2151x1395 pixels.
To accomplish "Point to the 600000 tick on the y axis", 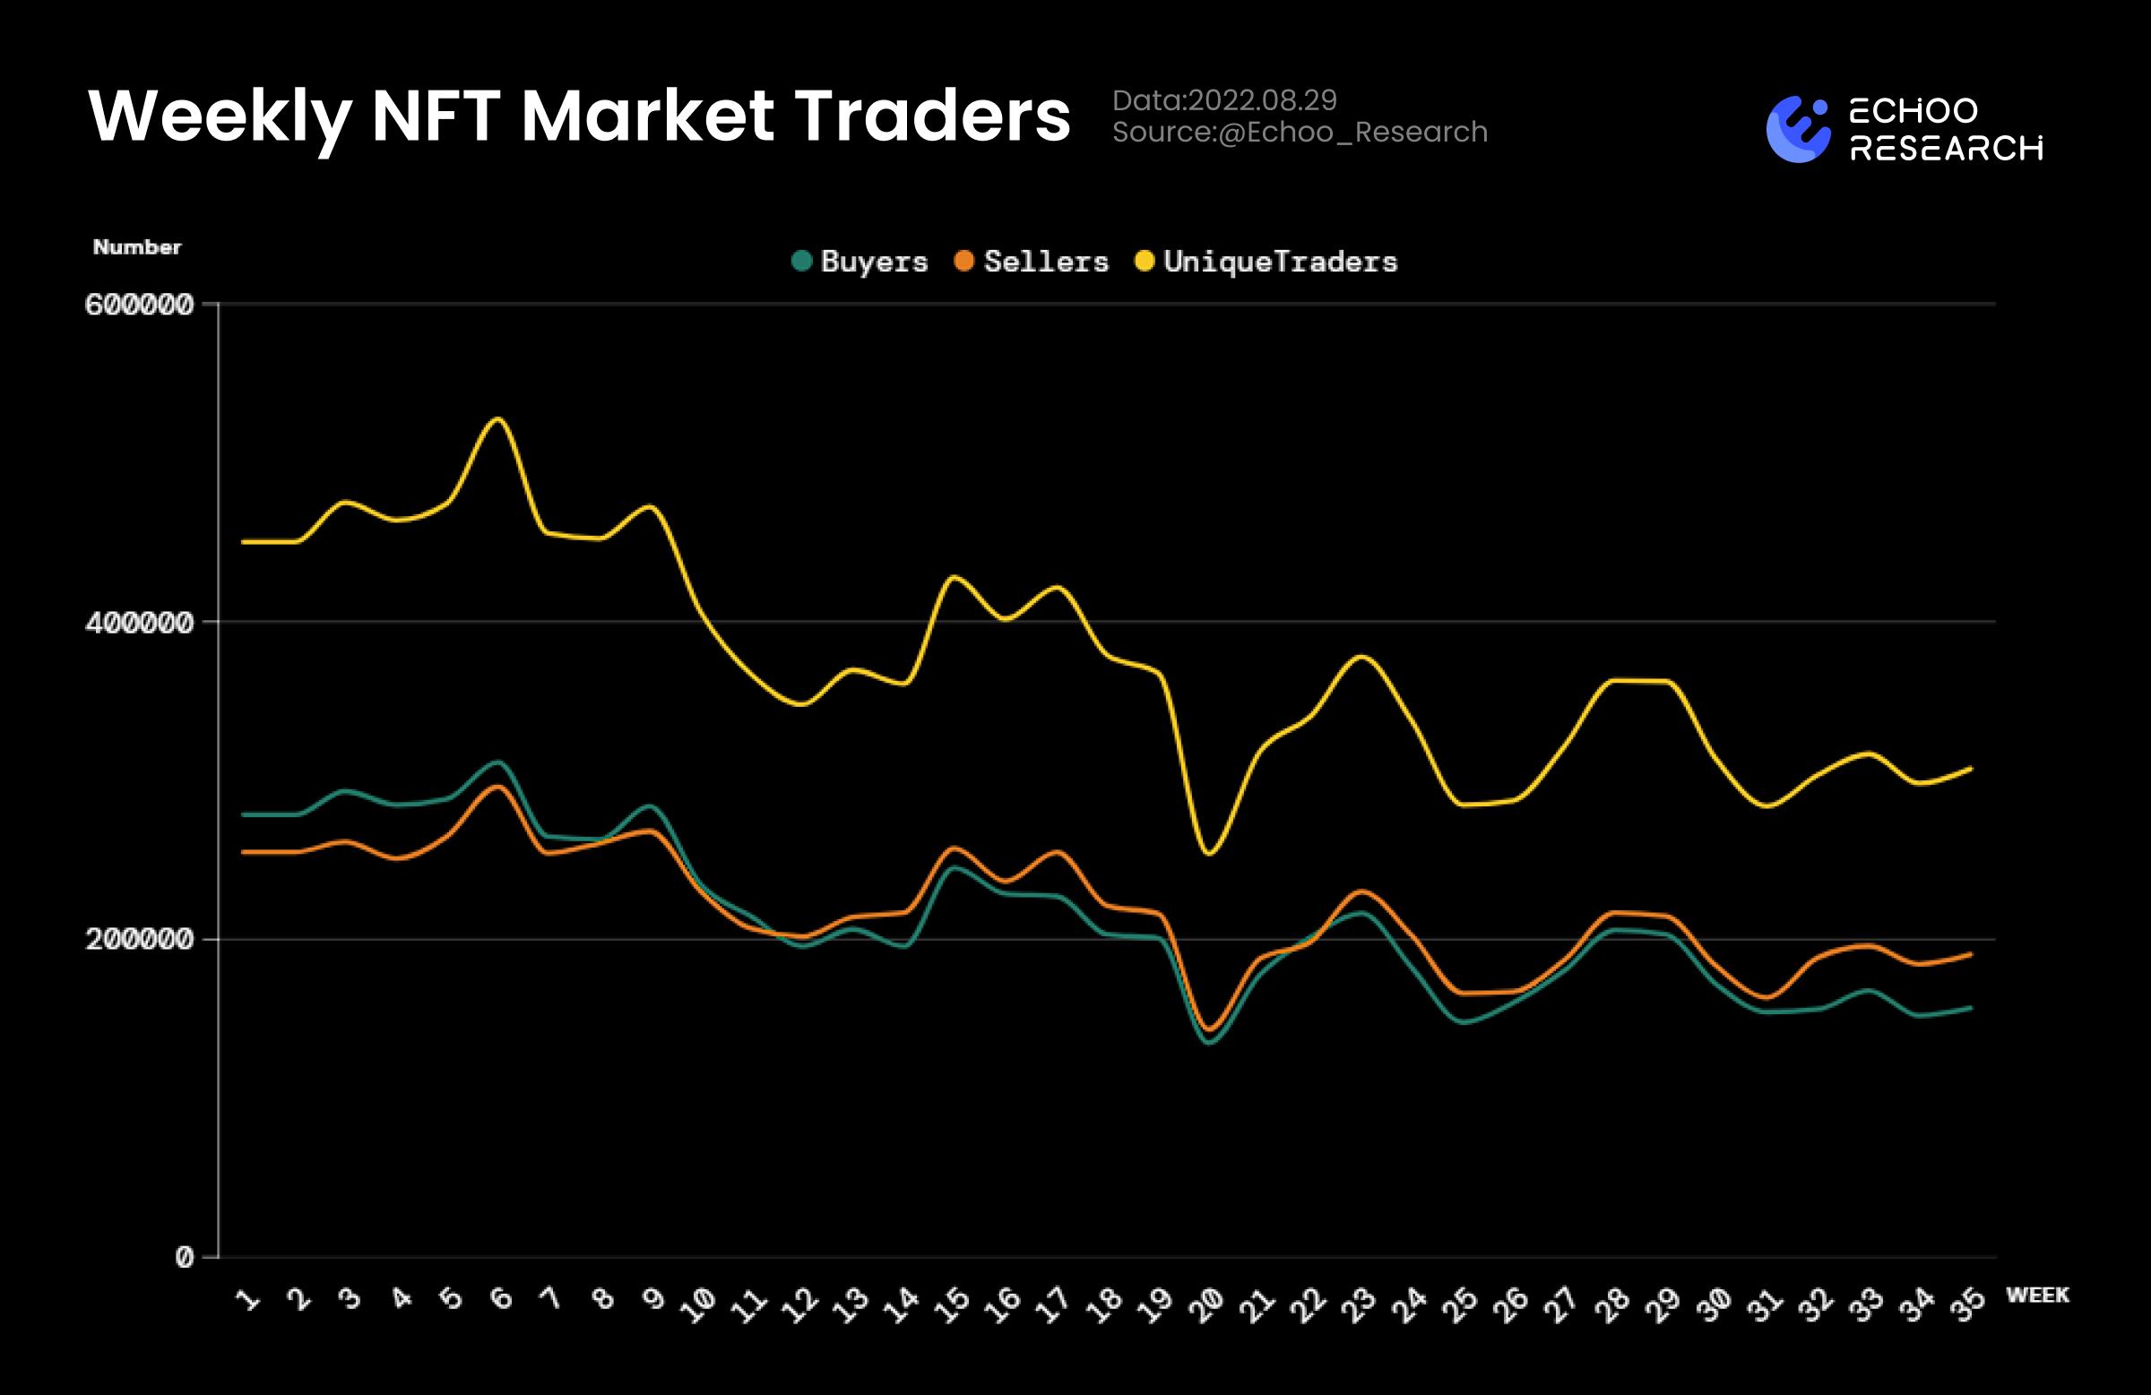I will point(139,305).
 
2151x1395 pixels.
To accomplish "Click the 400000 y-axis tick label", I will point(139,623).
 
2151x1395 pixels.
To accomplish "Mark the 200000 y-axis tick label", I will point(139,940).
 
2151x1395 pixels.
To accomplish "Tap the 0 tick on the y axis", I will point(185,1257).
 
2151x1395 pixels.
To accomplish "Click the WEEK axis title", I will point(2037,1295).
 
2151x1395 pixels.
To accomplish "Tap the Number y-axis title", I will point(136,247).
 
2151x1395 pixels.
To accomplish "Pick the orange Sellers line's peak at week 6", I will point(497,786).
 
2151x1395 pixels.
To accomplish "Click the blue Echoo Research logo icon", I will point(1798,129).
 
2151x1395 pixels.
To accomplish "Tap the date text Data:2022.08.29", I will point(1223,100).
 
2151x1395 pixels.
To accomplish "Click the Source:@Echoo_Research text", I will point(1299,133).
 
